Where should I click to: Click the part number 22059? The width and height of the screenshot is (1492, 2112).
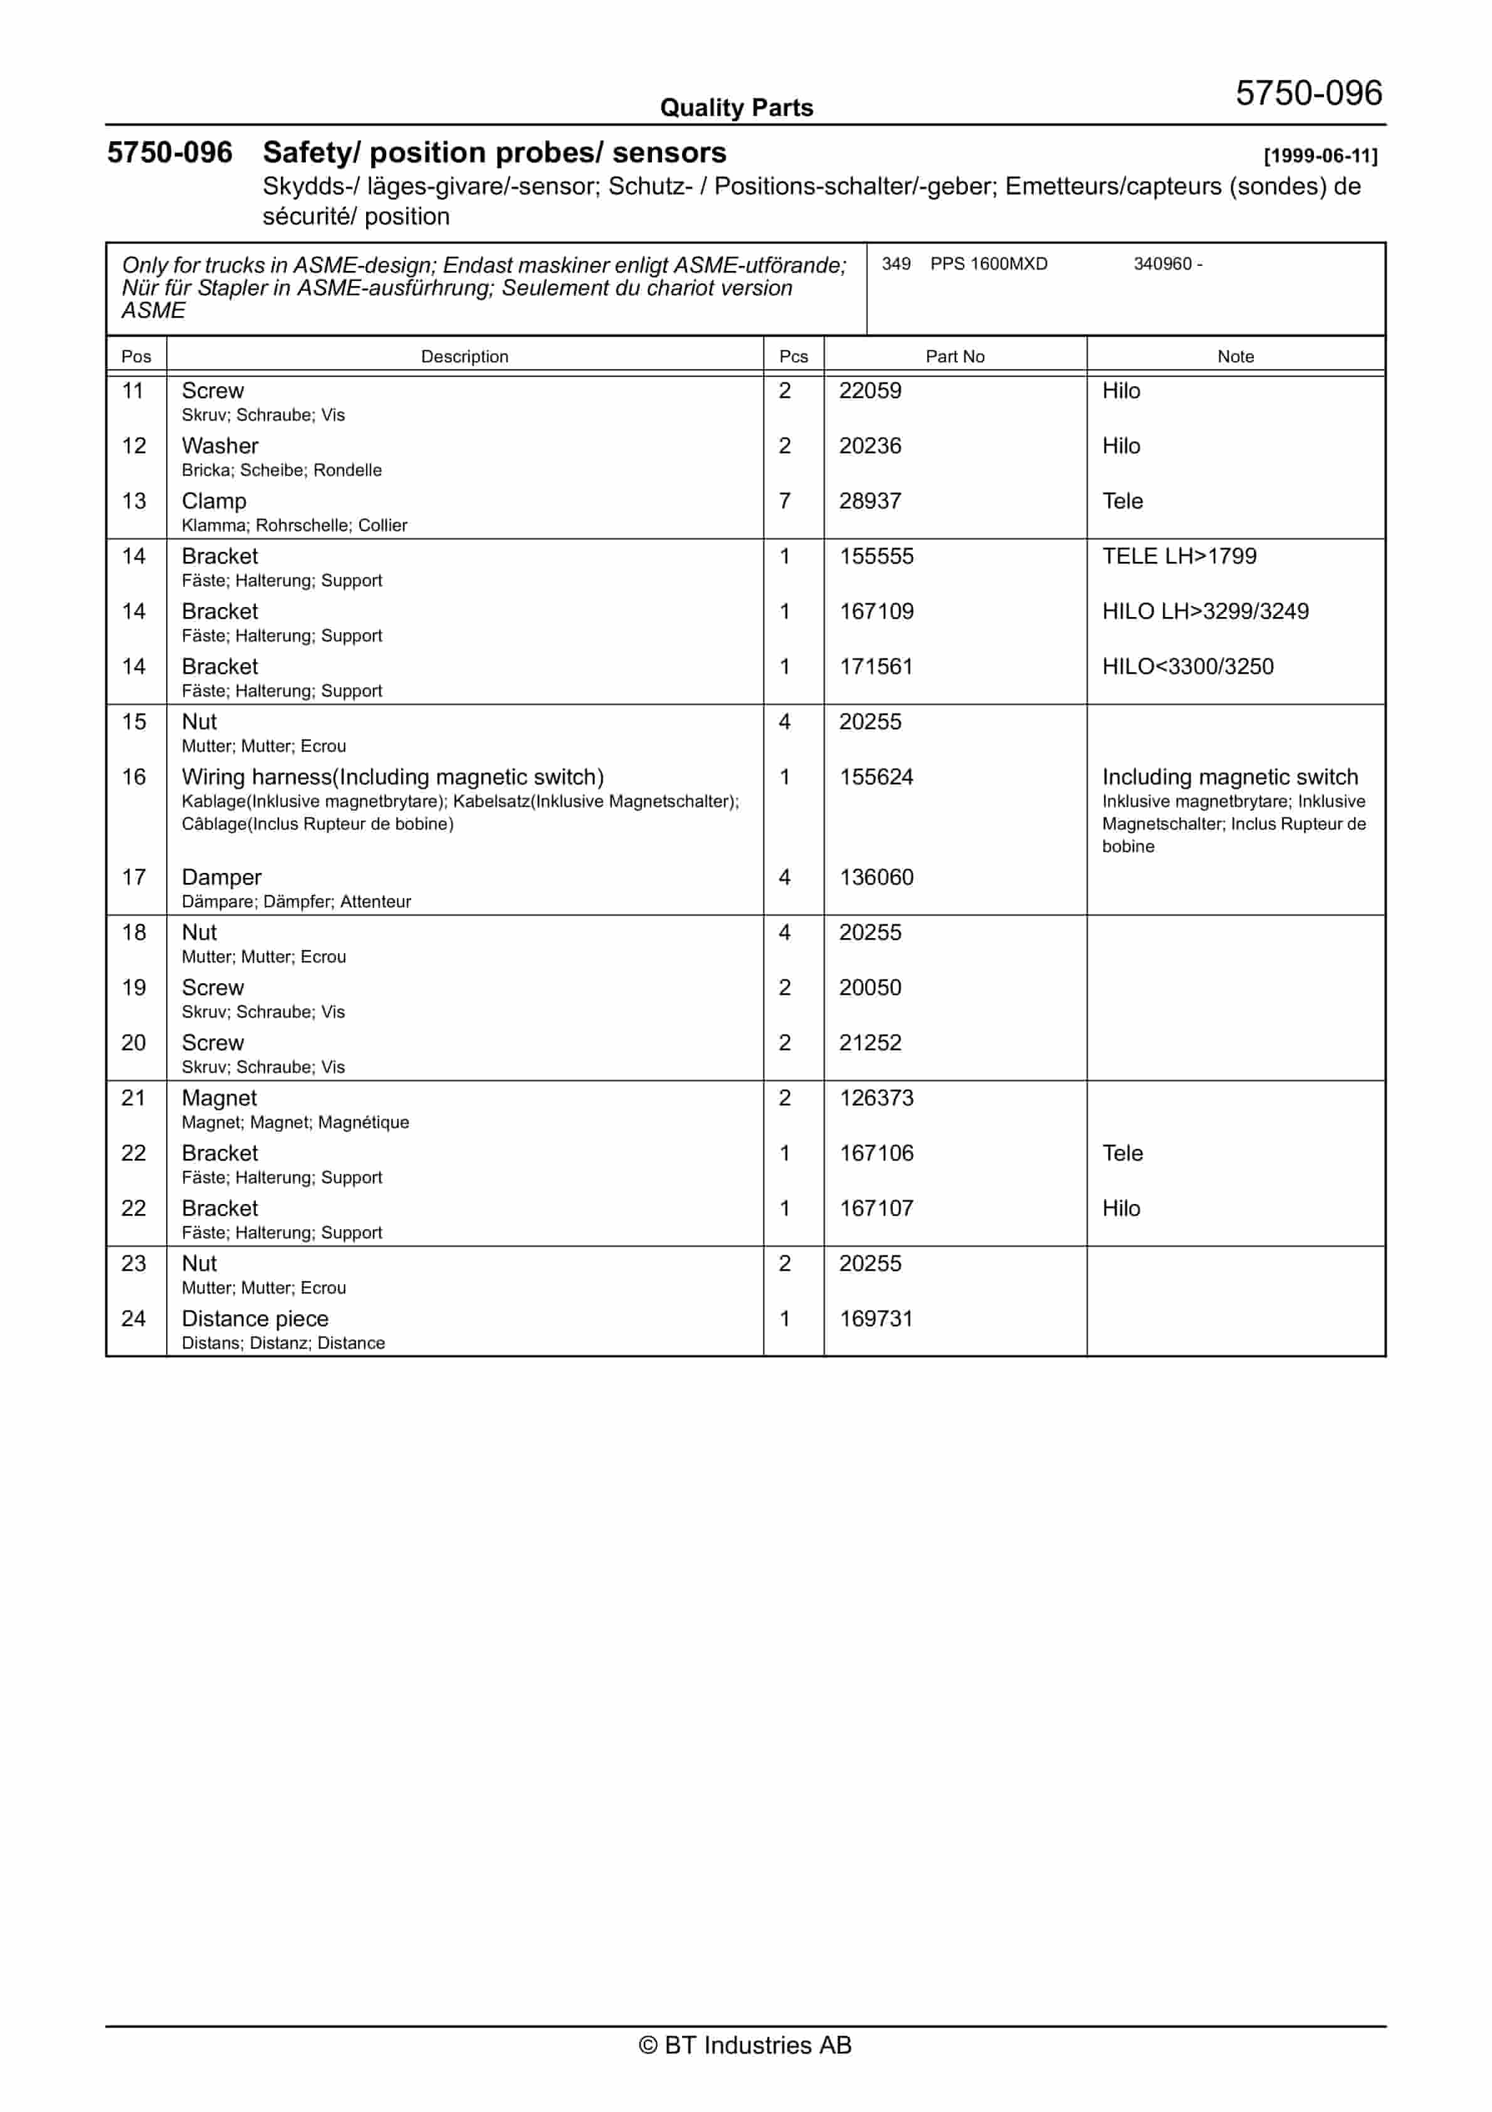point(869,391)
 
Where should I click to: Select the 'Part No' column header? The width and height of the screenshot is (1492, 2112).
point(954,357)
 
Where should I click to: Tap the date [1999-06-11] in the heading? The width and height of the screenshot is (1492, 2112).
point(1320,156)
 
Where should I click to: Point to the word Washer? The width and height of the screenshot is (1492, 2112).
point(220,446)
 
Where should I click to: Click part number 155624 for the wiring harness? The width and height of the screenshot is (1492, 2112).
point(876,778)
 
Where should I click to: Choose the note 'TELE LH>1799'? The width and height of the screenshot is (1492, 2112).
point(1179,556)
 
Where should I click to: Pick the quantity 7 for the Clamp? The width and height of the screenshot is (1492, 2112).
point(785,501)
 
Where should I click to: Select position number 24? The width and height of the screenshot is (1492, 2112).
point(134,1319)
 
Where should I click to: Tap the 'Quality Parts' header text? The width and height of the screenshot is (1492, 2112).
point(736,108)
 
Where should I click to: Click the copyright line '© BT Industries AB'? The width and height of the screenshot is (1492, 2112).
point(745,2045)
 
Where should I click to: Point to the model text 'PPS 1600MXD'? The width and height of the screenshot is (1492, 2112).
point(988,264)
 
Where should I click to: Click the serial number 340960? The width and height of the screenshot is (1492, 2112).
point(1162,264)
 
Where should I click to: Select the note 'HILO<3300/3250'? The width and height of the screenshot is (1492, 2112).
point(1187,667)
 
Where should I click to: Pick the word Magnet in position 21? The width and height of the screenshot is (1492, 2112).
point(219,1098)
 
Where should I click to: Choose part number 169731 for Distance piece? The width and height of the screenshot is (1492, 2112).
point(876,1319)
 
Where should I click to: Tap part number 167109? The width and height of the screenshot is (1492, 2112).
point(876,611)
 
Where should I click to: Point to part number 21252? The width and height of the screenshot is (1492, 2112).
point(869,1043)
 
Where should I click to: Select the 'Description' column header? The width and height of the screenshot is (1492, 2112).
point(465,357)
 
